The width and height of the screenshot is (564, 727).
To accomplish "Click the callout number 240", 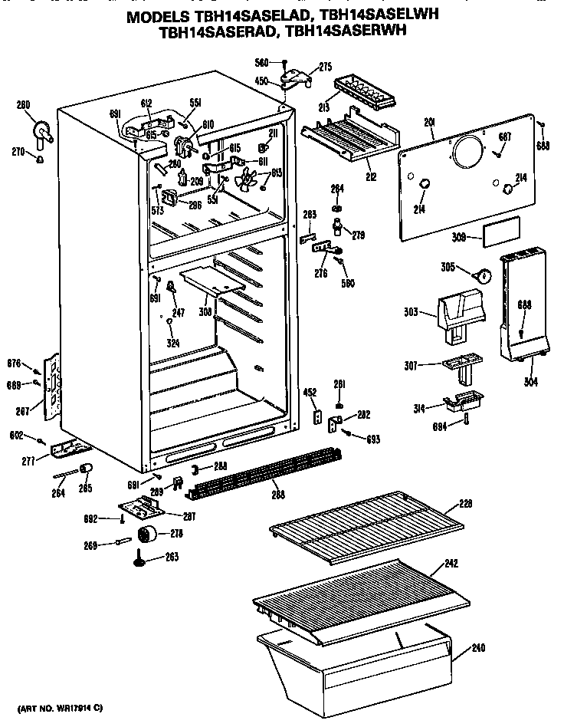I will click(478, 648).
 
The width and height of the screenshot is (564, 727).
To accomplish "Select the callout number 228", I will click(466, 504).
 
